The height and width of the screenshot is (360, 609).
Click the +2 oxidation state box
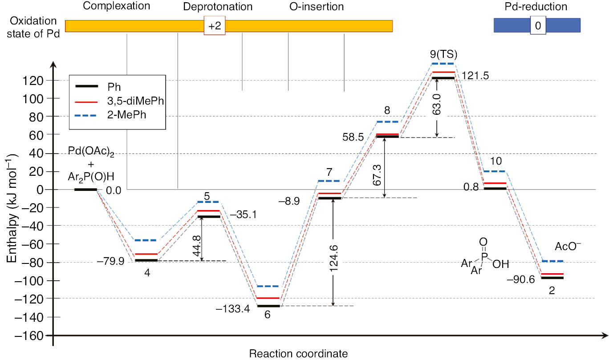(215, 26)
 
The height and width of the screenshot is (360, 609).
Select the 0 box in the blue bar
(537, 26)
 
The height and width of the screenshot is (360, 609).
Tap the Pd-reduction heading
(537, 7)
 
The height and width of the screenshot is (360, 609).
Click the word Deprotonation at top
(218, 7)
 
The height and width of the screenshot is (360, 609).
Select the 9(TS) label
(443, 54)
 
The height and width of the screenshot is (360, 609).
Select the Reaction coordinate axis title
(298, 354)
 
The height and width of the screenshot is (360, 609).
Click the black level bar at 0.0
(85, 190)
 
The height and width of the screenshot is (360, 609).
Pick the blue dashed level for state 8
(387, 121)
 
